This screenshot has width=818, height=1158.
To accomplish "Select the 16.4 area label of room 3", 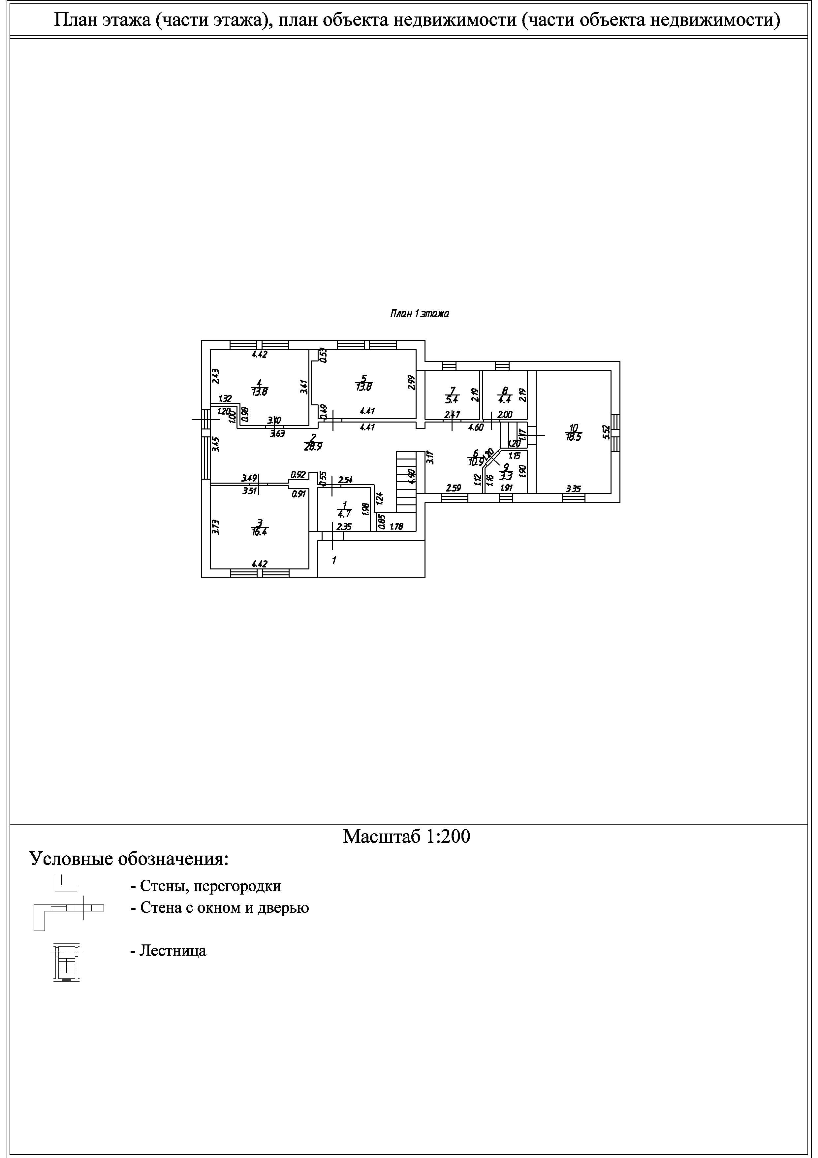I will (259, 531).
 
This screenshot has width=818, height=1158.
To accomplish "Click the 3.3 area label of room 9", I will (506, 475).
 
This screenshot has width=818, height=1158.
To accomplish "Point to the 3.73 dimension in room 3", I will (215, 527).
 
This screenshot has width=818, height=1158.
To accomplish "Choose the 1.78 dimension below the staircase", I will (397, 528).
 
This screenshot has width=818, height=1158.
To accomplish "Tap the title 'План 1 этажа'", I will (419, 314).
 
